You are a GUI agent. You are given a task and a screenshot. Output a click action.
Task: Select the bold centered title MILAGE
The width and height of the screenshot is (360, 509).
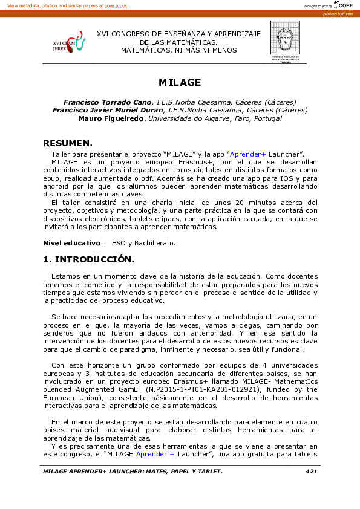[x=180, y=82]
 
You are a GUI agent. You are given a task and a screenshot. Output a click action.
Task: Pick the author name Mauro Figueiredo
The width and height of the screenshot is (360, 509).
[x=111, y=118]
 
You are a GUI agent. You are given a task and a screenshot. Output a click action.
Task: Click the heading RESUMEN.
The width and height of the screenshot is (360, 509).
[x=68, y=143]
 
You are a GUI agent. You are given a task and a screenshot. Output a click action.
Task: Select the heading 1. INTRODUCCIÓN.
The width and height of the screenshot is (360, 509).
[x=88, y=259]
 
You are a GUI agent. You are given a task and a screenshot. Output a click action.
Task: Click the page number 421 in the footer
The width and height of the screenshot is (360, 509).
[x=311, y=471]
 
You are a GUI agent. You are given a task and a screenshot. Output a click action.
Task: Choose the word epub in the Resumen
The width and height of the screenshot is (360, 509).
[x=52, y=179]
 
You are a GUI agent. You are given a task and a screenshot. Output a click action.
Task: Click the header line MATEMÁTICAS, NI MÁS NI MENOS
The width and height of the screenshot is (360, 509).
[x=179, y=51]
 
